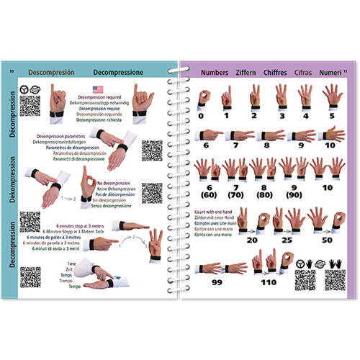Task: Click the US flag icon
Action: click(97, 89)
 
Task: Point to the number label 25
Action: click(287, 239)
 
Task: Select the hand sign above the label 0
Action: click(203, 97)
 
